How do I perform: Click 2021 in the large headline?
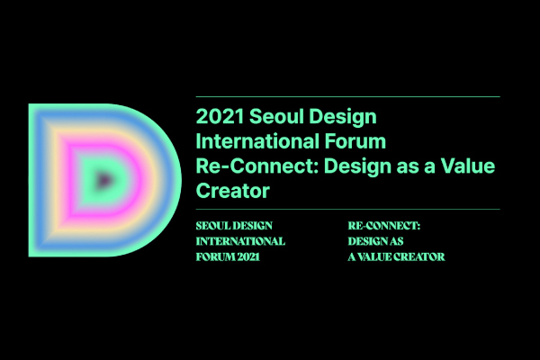(x=220, y=116)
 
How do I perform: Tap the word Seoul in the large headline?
(x=277, y=116)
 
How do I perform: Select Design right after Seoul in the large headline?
(x=343, y=118)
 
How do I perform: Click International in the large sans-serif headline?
(x=257, y=141)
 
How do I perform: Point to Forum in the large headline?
(x=355, y=141)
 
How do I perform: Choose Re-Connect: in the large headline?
(x=257, y=166)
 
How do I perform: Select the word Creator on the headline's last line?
(x=233, y=191)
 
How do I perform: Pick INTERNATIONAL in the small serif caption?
(x=240, y=241)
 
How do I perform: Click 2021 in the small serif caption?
(x=248, y=257)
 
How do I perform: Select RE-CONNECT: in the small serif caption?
(x=384, y=226)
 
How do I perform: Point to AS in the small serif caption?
(x=396, y=241)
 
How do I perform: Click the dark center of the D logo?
(x=103, y=180)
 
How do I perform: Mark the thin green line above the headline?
(x=347, y=97)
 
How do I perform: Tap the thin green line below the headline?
(x=347, y=209)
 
